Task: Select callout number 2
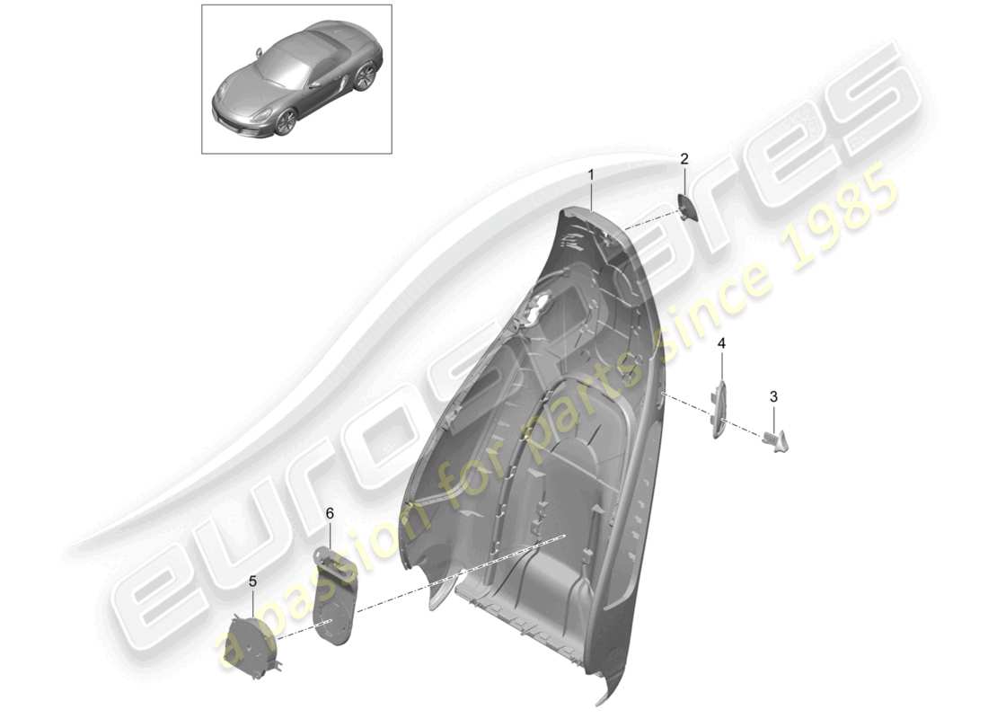click(684, 160)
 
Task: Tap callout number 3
click(773, 396)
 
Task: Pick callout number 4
click(720, 344)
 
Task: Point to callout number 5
click(252, 582)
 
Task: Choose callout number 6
click(330, 513)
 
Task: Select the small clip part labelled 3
click(778, 439)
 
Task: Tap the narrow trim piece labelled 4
click(719, 409)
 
